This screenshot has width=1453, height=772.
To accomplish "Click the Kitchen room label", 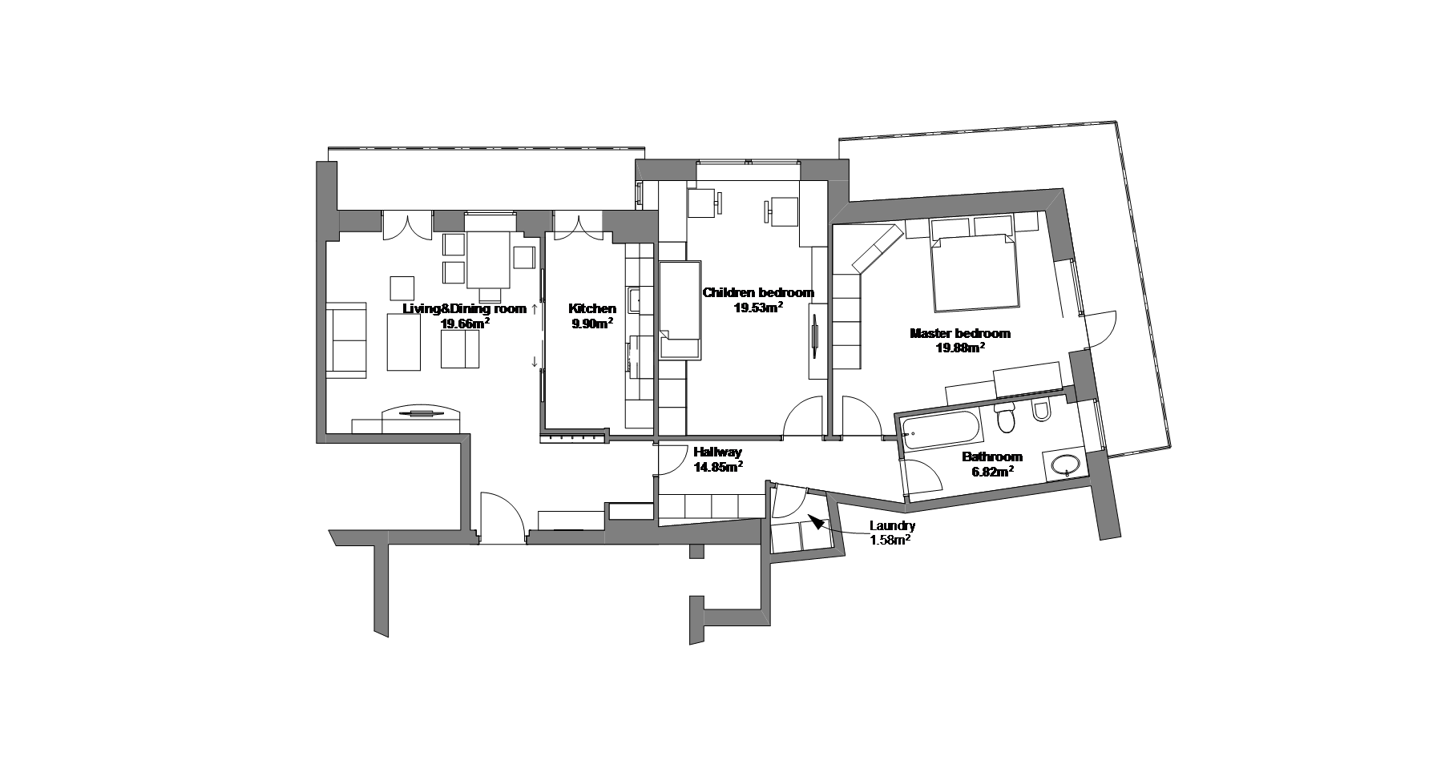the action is coord(592,308).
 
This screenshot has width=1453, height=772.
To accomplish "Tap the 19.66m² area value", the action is coord(465,324).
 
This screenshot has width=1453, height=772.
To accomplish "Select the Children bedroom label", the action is coord(758,292).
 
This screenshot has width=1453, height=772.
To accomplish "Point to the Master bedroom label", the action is coord(959,333).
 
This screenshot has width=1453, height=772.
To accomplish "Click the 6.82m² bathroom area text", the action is coord(992,472).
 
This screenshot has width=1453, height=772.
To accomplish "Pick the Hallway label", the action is coord(717,452).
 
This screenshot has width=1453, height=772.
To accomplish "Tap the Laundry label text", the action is coord(892,526).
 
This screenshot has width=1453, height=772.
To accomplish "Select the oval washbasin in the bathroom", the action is coord(1065,464).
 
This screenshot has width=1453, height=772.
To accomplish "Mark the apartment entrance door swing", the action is coord(500,515).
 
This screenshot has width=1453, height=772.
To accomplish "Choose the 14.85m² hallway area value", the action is coord(717,467).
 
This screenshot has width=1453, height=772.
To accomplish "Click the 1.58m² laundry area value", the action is coord(890,541).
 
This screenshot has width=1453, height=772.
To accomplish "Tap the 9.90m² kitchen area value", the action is coord(592,324).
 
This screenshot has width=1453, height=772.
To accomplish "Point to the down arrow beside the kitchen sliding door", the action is coord(535,362).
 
